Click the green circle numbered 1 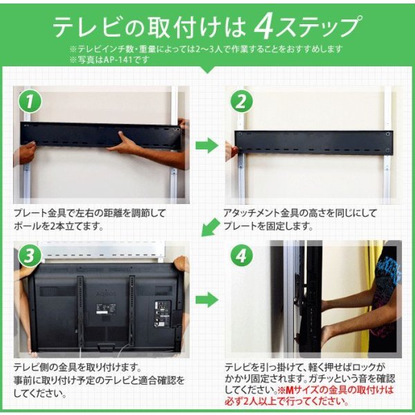(x=30, y=102)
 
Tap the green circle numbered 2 (x=241, y=102)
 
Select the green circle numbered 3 (x=30, y=256)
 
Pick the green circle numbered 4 (x=241, y=256)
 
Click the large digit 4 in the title (x=264, y=28)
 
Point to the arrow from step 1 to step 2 (x=207, y=145)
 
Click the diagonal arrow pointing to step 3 (x=210, y=228)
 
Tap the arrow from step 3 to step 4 (x=207, y=300)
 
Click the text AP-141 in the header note (x=118, y=59)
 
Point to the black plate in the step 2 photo (x=314, y=142)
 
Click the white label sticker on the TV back (x=106, y=309)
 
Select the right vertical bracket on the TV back (x=131, y=311)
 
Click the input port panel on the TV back (x=163, y=314)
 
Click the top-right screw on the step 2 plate (x=388, y=134)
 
